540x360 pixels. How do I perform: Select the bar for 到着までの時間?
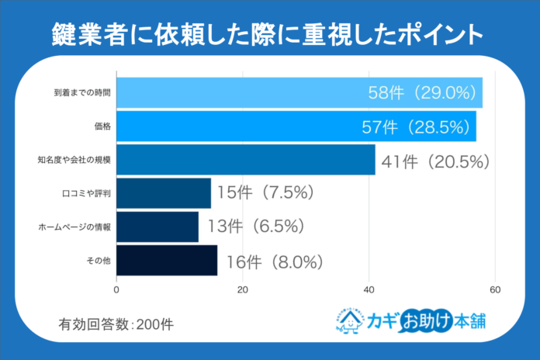(x=299, y=92)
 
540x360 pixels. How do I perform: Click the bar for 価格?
(x=296, y=126)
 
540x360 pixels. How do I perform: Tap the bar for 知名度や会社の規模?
(x=245, y=160)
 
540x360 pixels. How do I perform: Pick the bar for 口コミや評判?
(x=163, y=193)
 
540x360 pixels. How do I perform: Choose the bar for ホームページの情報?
(x=157, y=227)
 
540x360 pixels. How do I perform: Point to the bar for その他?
(x=166, y=261)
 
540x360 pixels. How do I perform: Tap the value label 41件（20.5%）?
(x=434, y=161)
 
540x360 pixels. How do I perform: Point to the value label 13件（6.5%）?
(x=254, y=227)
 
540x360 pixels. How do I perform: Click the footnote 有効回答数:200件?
(x=116, y=324)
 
